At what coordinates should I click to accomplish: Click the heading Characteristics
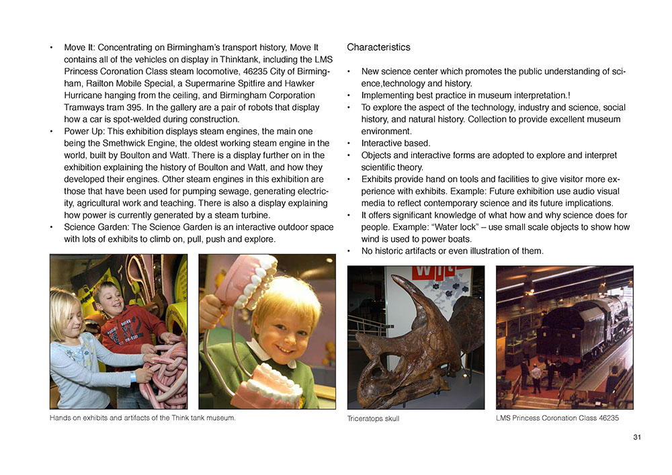(378, 48)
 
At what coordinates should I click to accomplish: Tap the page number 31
(637, 438)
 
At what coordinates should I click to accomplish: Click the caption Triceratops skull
(373, 419)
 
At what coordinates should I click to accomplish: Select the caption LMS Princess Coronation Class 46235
(557, 418)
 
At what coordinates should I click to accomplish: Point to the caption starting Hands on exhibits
(142, 418)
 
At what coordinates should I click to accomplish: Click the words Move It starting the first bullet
(79, 48)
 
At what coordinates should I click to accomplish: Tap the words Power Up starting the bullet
(83, 131)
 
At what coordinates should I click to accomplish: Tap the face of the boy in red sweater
(108, 301)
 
